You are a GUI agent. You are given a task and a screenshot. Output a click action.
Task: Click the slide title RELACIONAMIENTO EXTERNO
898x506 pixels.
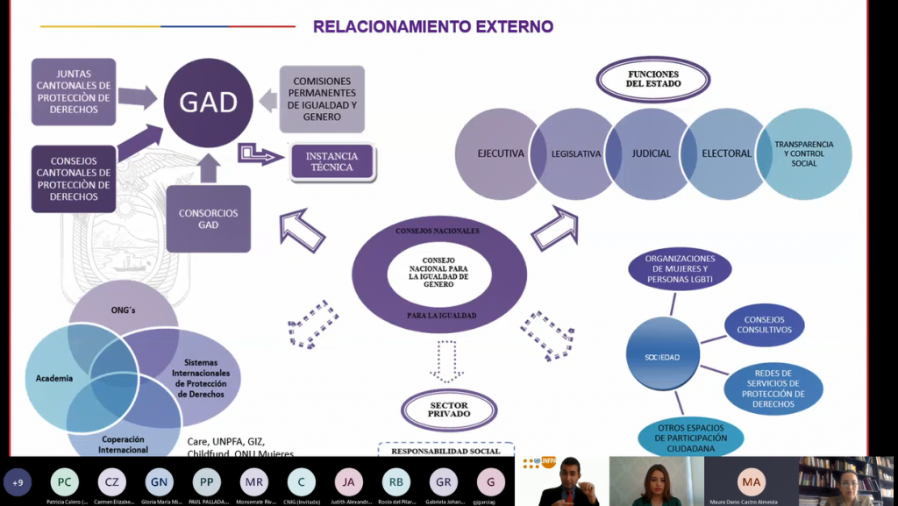click(x=433, y=26)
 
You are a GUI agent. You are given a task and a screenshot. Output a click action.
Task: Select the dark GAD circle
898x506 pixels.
click(x=208, y=103)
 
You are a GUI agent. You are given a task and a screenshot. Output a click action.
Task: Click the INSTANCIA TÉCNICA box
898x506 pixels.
click(x=331, y=162)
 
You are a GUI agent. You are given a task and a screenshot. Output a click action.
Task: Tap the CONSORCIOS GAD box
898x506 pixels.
click(x=208, y=219)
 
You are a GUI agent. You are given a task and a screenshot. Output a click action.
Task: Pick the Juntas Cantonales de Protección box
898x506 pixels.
click(x=74, y=92)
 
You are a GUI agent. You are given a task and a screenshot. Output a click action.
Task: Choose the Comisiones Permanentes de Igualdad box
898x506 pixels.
click(x=322, y=98)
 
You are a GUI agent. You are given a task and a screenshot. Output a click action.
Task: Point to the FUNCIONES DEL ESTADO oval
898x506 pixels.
click(x=652, y=80)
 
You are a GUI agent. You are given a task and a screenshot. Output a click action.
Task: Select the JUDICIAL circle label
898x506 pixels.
click(x=651, y=153)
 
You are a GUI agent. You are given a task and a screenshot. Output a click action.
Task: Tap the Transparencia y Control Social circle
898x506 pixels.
click(x=804, y=153)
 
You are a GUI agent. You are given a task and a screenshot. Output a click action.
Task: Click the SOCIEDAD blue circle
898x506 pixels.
click(x=664, y=358)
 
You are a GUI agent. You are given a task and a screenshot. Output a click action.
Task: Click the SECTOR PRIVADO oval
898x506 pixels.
click(x=449, y=409)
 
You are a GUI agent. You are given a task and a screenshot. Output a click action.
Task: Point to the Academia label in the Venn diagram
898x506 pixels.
click(x=54, y=378)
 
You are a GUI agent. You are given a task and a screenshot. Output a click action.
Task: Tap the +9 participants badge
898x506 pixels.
click(x=18, y=481)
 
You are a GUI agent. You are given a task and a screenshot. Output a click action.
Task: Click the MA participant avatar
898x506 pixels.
click(x=751, y=481)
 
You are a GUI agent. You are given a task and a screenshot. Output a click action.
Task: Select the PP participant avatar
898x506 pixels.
click(x=206, y=481)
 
